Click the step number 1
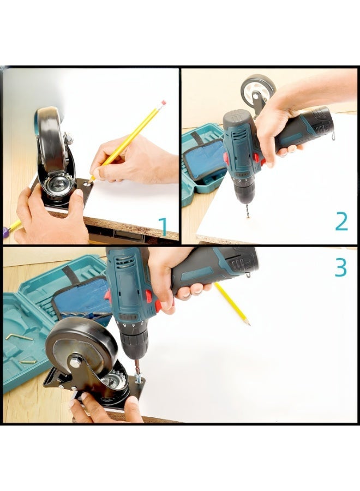pos(163,227)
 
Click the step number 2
pos(341,221)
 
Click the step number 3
pos(340,267)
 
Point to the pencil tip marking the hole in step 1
pos(89,182)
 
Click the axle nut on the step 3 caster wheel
pos(75,363)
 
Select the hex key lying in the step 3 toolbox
pos(18,337)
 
